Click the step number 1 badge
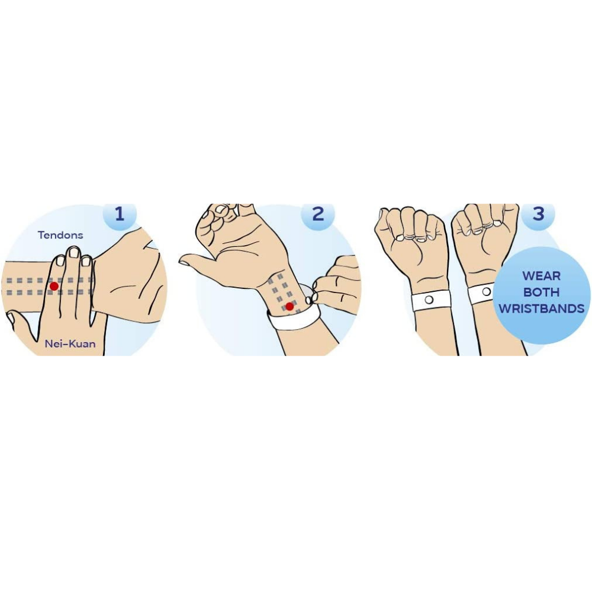tap(120, 214)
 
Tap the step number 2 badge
tap(318, 214)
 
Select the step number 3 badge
tap(538, 214)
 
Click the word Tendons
tap(60, 235)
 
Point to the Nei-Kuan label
tap(70, 344)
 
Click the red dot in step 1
tap(54, 286)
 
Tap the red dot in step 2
tap(289, 306)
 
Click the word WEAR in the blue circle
tap(541, 276)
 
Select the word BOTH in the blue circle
tap(541, 292)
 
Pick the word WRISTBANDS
tap(541, 308)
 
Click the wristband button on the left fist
tap(428, 301)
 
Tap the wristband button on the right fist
tap(487, 291)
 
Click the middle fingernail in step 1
tap(74, 253)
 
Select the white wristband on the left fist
tap(431, 301)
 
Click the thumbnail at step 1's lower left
tap(9, 318)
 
